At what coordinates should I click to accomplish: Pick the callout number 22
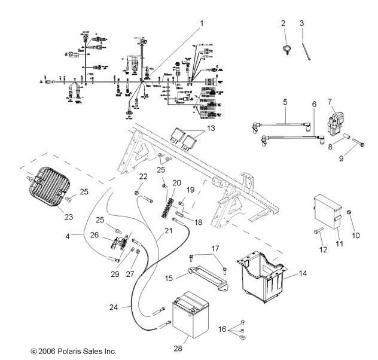pos(143,176)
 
